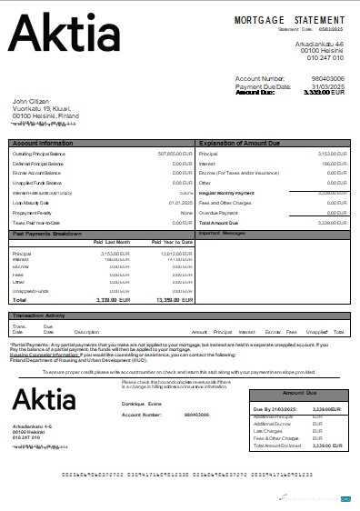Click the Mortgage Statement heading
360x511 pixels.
pyautogui.click(x=290, y=19)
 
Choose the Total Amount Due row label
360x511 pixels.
pyautogui.click(x=217, y=222)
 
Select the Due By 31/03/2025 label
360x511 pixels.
pyautogui.click(x=274, y=410)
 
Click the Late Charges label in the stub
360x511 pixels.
pyautogui.click(x=267, y=431)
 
